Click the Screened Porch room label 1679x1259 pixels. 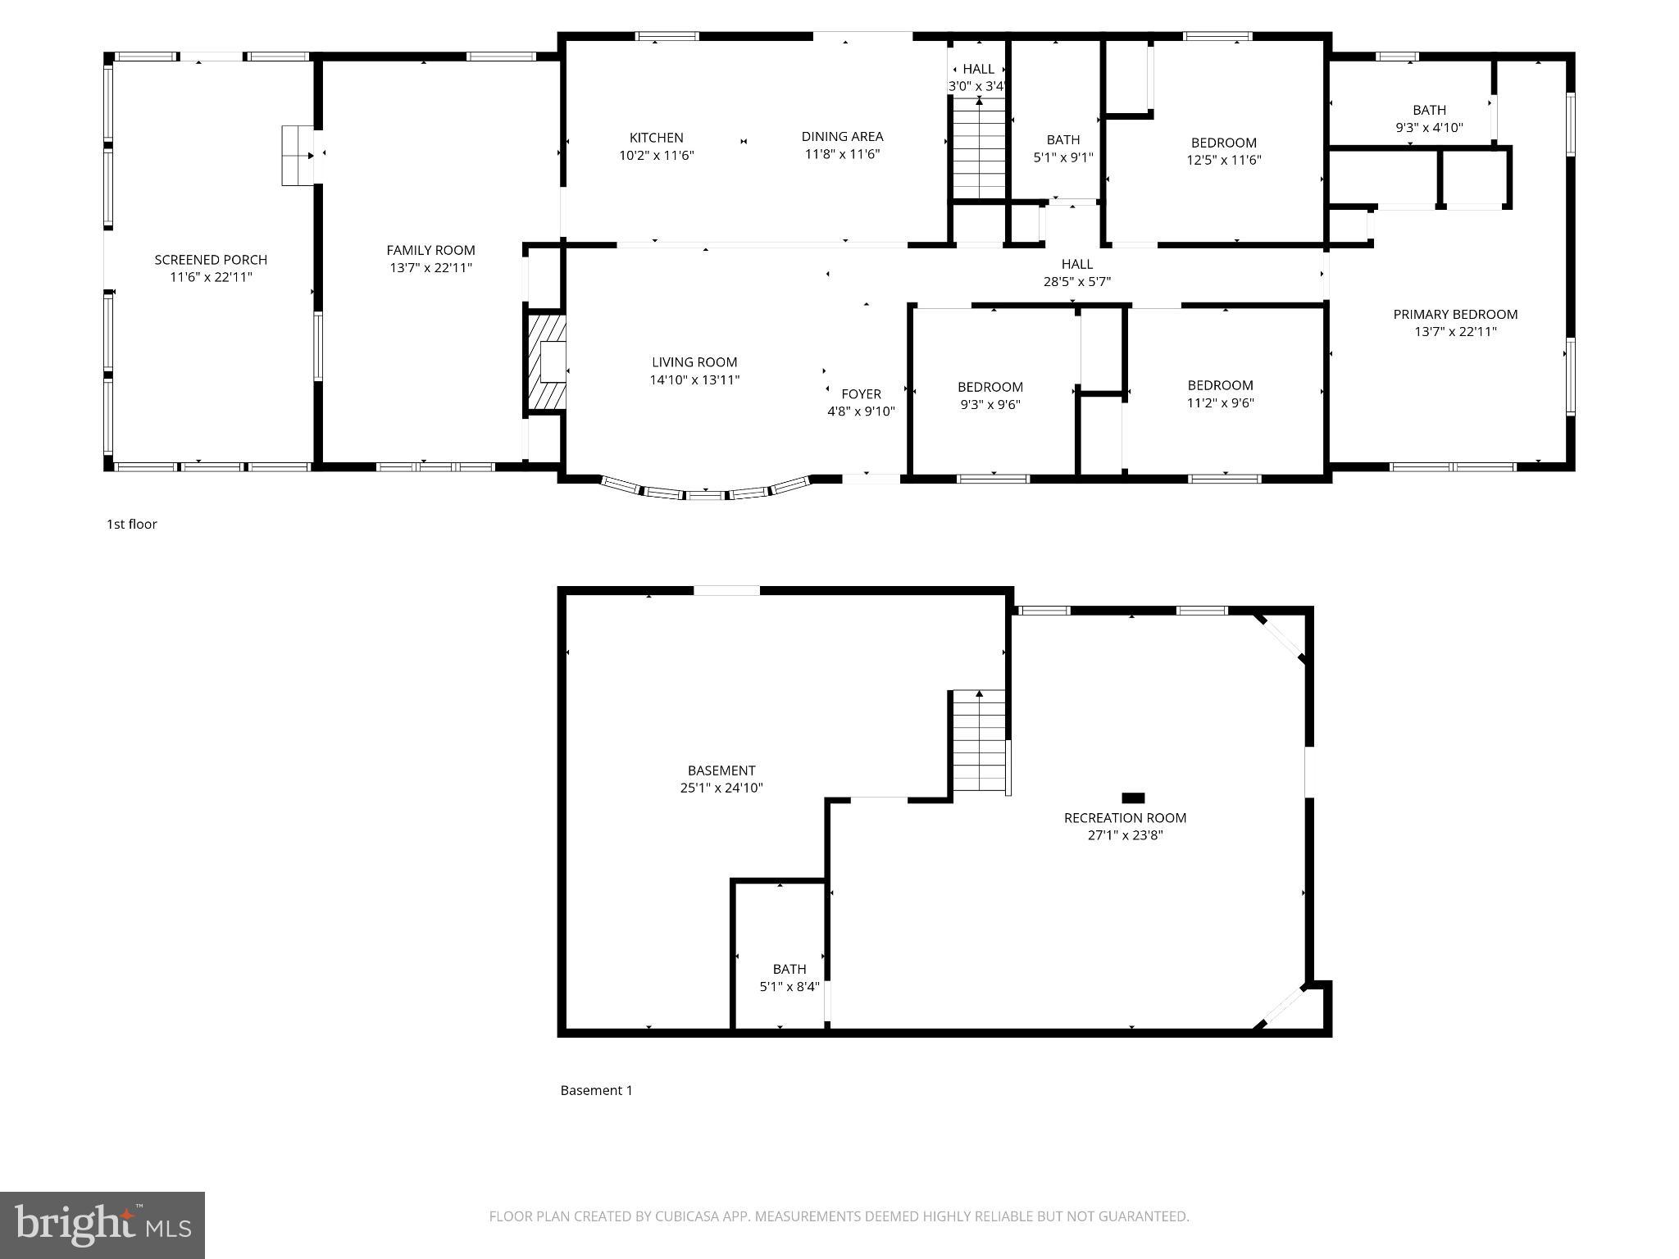211,260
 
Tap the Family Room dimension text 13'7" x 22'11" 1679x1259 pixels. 430,268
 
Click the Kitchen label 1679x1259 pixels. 656,138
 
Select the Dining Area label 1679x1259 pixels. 842,137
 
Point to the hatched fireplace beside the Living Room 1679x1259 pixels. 546,361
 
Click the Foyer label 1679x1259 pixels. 861,394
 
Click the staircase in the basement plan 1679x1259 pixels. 979,741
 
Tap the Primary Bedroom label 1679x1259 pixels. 1455,315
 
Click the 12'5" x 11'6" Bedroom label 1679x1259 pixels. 1223,143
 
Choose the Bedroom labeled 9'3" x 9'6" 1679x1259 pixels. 990,387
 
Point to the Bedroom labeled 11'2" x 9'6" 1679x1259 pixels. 1220,385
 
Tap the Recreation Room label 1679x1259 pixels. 1125,818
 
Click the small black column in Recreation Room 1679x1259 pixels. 1133,798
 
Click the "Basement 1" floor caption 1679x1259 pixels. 596,1090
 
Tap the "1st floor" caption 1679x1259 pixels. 131,525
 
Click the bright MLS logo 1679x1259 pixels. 102,1225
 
